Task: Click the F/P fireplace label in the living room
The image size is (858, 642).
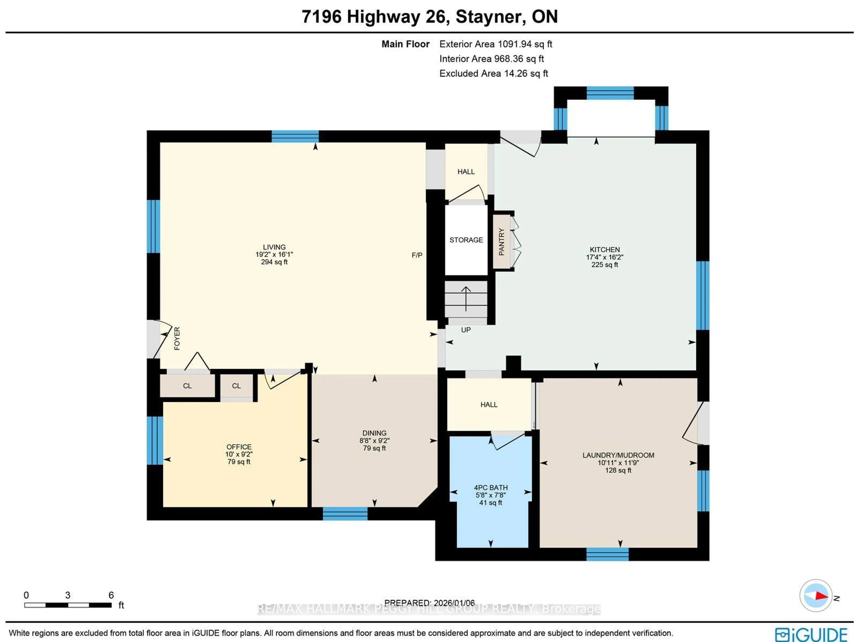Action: tap(417, 255)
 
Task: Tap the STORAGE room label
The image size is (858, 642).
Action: tap(466, 240)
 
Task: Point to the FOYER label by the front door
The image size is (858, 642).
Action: tap(177, 339)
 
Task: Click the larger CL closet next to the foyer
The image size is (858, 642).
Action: tap(187, 386)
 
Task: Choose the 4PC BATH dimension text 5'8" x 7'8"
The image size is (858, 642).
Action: tap(491, 495)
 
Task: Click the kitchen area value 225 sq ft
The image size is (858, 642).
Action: tap(604, 265)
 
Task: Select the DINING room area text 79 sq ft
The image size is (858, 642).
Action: tap(374, 448)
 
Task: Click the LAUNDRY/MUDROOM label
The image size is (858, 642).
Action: tap(618, 455)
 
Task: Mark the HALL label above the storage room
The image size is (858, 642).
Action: tap(466, 172)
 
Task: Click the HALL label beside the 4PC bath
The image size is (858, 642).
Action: tap(489, 405)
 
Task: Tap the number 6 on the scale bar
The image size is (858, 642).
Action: tap(111, 595)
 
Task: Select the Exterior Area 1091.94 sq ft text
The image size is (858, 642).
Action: tap(496, 44)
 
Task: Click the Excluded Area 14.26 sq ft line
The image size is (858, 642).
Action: tap(493, 74)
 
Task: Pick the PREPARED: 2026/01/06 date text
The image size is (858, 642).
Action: tap(429, 603)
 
